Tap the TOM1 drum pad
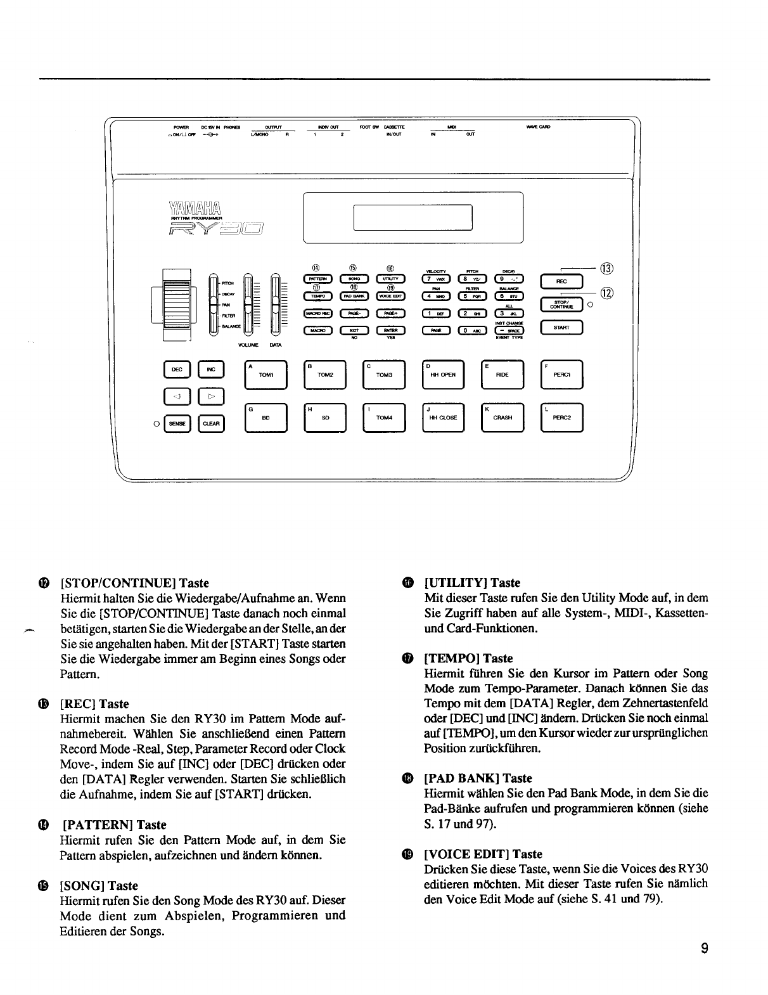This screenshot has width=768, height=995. tap(266, 375)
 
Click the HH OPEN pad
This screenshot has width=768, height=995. tap(444, 375)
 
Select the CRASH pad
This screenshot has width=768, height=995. tap(502, 418)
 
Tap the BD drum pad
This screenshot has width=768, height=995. tap(266, 418)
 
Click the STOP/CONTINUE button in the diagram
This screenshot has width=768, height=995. tap(561, 305)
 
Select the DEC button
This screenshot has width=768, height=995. tap(177, 369)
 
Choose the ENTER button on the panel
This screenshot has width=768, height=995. tap(390, 330)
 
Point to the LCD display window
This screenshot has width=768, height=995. tap(413, 217)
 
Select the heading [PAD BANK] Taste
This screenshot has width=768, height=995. tap(478, 778)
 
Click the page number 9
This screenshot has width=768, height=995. tap(703, 949)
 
